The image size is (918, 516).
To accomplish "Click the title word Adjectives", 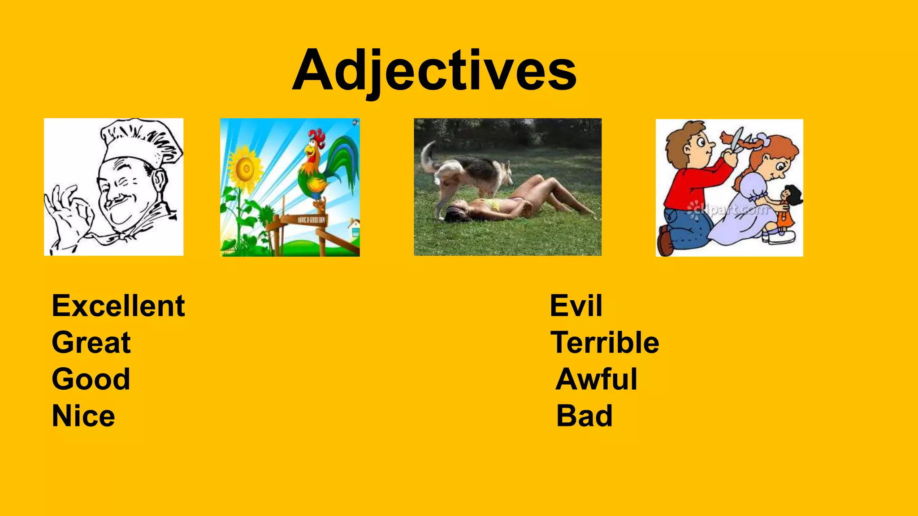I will click(434, 71).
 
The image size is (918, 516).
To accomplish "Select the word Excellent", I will click(118, 306).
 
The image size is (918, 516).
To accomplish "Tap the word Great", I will click(91, 343).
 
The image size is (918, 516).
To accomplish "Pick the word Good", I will click(91, 379).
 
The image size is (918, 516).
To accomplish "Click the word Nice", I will click(83, 416).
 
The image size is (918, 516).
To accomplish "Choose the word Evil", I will click(576, 306).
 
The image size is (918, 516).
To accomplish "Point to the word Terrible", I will click(605, 343).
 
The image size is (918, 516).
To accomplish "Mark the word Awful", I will click(596, 379).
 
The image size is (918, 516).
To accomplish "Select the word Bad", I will click(584, 416).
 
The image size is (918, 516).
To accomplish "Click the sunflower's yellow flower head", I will click(245, 169).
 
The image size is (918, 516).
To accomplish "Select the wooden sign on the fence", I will click(311, 219).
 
